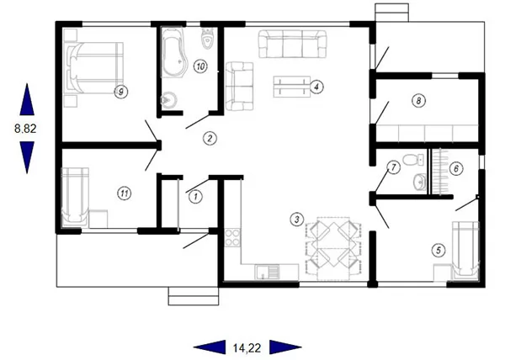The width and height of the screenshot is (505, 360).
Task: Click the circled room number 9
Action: click(x=121, y=92)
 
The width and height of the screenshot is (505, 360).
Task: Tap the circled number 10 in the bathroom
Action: click(x=200, y=66)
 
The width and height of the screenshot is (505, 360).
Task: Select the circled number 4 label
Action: click(x=316, y=87)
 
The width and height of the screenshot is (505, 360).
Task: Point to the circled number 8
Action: click(x=418, y=101)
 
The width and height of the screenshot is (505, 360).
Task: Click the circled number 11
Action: click(x=125, y=193)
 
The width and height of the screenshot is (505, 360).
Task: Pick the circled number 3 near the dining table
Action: click(x=297, y=220)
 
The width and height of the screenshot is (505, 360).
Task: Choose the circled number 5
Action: click(x=439, y=250)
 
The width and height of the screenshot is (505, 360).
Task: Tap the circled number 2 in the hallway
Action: click(x=210, y=138)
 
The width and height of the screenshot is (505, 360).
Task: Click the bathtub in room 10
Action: click(x=173, y=53)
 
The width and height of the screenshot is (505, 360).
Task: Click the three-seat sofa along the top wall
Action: click(x=292, y=44)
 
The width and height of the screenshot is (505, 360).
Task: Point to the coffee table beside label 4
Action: click(x=291, y=87)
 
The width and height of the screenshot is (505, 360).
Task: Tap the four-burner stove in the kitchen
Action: click(x=232, y=237)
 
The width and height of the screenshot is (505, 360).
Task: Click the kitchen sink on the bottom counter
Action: click(x=268, y=272)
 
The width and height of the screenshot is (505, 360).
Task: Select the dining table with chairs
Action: click(x=333, y=248)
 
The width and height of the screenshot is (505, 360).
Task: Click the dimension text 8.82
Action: click(x=25, y=129)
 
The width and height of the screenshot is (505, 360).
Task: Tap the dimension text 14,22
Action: click(x=247, y=347)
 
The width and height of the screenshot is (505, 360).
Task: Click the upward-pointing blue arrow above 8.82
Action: click(x=27, y=99)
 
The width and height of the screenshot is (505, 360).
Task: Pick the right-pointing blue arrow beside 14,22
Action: click(x=285, y=347)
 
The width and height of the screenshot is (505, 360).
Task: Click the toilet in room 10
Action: click(x=207, y=39)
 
